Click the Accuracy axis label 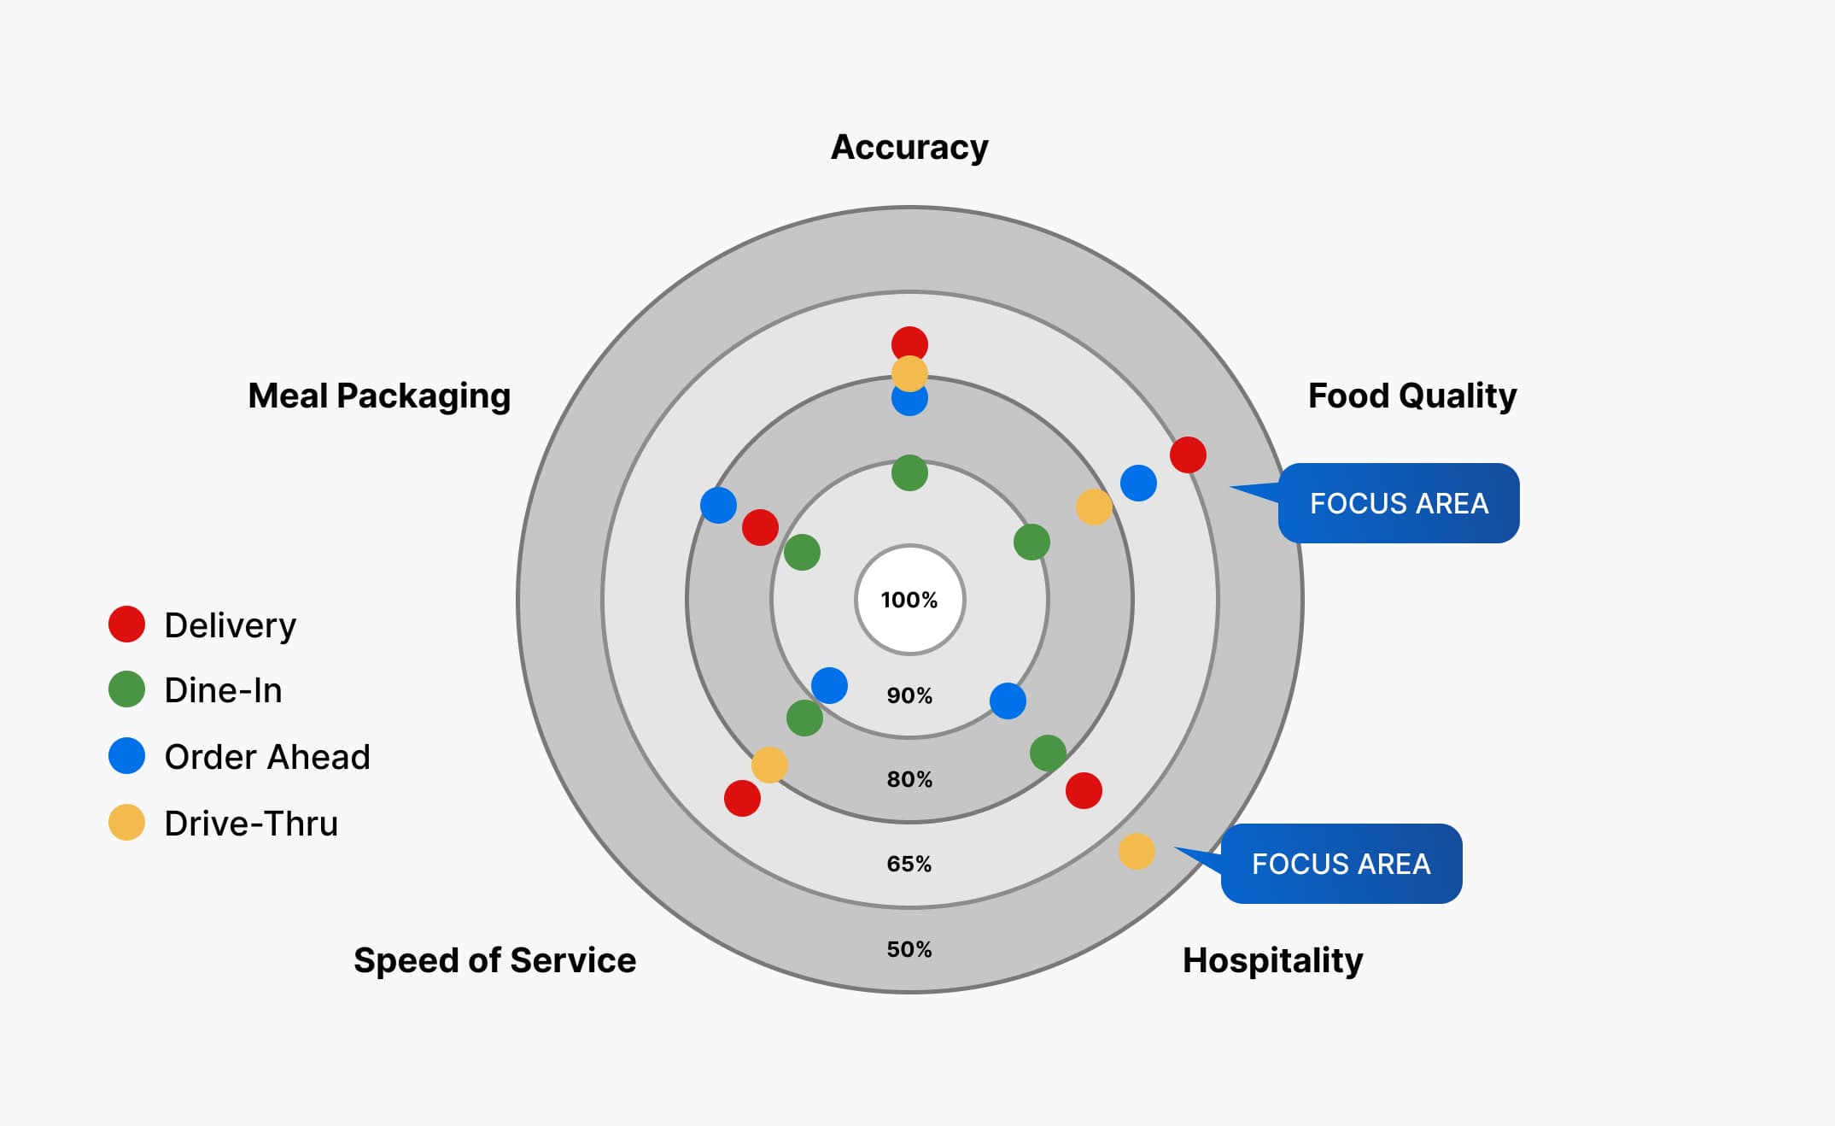(x=909, y=147)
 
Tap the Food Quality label (x=1412, y=396)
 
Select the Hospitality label (x=1272, y=960)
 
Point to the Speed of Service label (x=494, y=960)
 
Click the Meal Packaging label (x=379, y=396)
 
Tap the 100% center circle (x=909, y=600)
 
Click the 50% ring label (x=909, y=949)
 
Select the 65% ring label (x=909, y=864)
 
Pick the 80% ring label (x=909, y=779)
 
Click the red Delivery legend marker (x=126, y=625)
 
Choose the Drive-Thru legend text (x=251, y=824)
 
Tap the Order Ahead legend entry (x=266, y=757)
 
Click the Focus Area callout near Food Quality (x=1399, y=503)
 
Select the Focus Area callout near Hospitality (x=1341, y=864)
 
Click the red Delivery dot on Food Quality (x=1188, y=455)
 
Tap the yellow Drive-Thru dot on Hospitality (x=1137, y=851)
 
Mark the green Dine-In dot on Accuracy (x=909, y=472)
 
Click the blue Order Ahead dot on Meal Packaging (x=718, y=505)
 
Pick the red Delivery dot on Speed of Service (x=742, y=798)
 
